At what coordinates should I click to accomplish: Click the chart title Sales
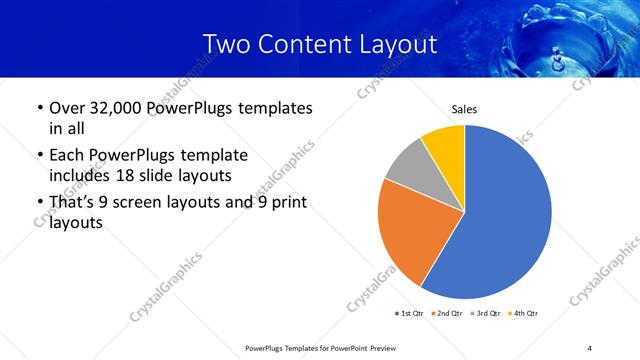coord(464,108)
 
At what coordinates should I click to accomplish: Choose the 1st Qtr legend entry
coord(408,313)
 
